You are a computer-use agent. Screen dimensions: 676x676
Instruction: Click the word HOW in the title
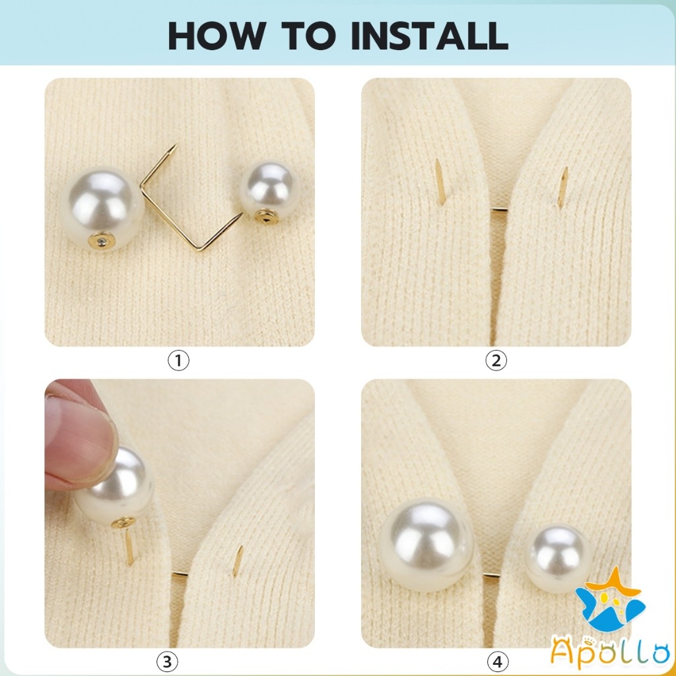click(217, 36)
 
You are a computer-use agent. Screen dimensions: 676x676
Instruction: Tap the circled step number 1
click(178, 360)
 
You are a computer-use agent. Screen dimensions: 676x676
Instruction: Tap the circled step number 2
click(496, 360)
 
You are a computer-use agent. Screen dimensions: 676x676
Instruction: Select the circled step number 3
click(167, 661)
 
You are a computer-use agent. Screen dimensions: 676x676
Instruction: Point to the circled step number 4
click(498, 661)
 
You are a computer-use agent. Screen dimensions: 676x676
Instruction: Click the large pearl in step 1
click(102, 208)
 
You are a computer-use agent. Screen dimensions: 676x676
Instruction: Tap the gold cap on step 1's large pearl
click(102, 240)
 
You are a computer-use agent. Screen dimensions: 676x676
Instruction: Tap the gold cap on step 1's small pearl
click(266, 217)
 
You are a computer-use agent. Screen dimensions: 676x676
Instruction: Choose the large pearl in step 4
click(427, 545)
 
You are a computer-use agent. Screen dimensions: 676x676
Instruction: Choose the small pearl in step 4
click(558, 553)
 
